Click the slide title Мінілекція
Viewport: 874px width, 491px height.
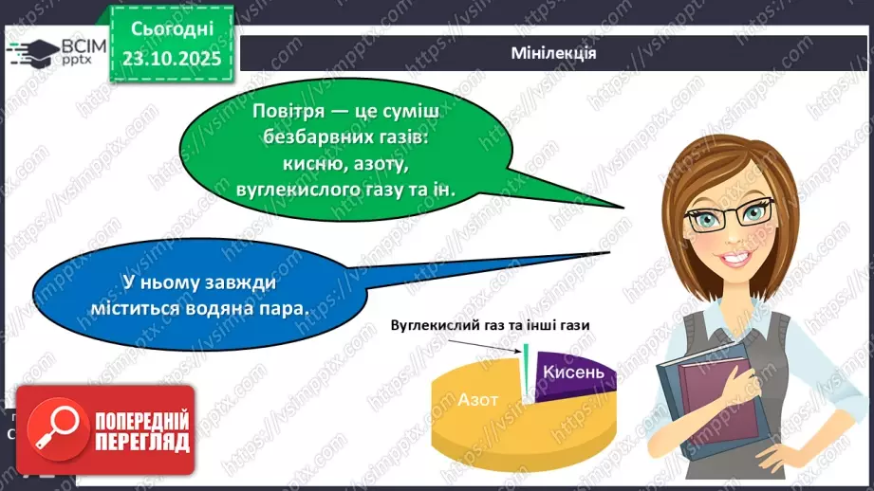(x=552, y=53)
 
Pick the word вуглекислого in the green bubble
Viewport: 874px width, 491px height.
(x=283, y=191)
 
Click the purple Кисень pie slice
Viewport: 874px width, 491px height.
(x=570, y=373)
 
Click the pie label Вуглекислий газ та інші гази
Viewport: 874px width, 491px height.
(x=490, y=325)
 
